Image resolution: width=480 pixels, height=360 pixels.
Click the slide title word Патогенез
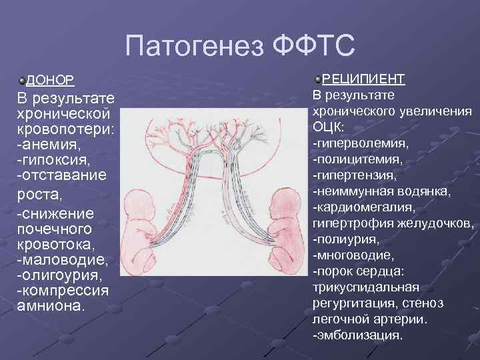click(x=194, y=47)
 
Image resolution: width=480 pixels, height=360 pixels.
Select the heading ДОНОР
click(x=50, y=81)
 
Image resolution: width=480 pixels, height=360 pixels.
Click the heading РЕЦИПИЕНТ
click(x=363, y=79)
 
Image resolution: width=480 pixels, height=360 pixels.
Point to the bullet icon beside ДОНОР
click(x=22, y=81)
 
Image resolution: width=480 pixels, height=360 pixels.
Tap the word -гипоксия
click(x=53, y=160)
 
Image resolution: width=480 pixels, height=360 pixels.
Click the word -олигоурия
click(x=59, y=275)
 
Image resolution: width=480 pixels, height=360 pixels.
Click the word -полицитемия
click(x=357, y=159)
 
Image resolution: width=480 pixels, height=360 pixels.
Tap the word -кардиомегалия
click(x=363, y=207)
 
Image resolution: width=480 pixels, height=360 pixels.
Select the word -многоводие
click(x=354, y=255)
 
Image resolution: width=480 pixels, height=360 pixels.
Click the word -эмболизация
click(x=357, y=335)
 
